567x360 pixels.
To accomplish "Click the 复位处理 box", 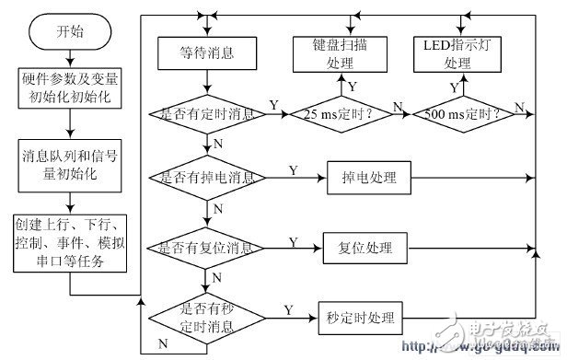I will [358, 249].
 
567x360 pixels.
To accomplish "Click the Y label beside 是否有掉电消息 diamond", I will [293, 169].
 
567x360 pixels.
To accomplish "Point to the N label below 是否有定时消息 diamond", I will [216, 145].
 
